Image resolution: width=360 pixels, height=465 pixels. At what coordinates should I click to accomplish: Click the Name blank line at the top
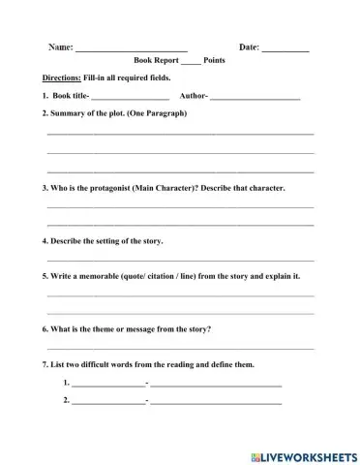132,49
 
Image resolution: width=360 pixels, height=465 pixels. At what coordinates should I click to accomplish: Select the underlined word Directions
63,78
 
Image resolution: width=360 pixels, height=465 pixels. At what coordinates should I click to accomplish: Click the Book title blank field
130,99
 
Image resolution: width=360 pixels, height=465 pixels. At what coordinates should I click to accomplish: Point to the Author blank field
255,99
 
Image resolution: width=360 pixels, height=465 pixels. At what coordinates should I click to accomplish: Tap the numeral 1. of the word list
66,383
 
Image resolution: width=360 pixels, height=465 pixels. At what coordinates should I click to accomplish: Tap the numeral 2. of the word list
66,400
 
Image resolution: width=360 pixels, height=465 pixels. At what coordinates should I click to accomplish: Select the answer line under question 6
180,348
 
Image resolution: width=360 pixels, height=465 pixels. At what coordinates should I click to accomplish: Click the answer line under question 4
180,260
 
